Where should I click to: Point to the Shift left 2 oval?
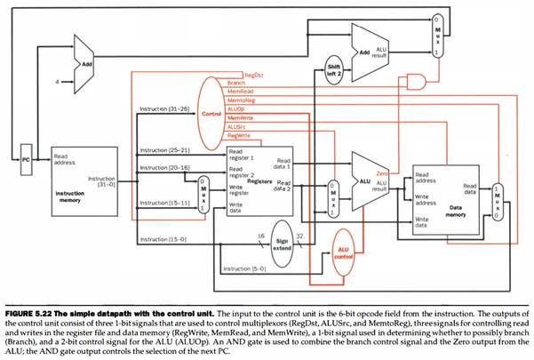click(333, 69)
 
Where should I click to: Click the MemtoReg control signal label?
click(243, 100)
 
